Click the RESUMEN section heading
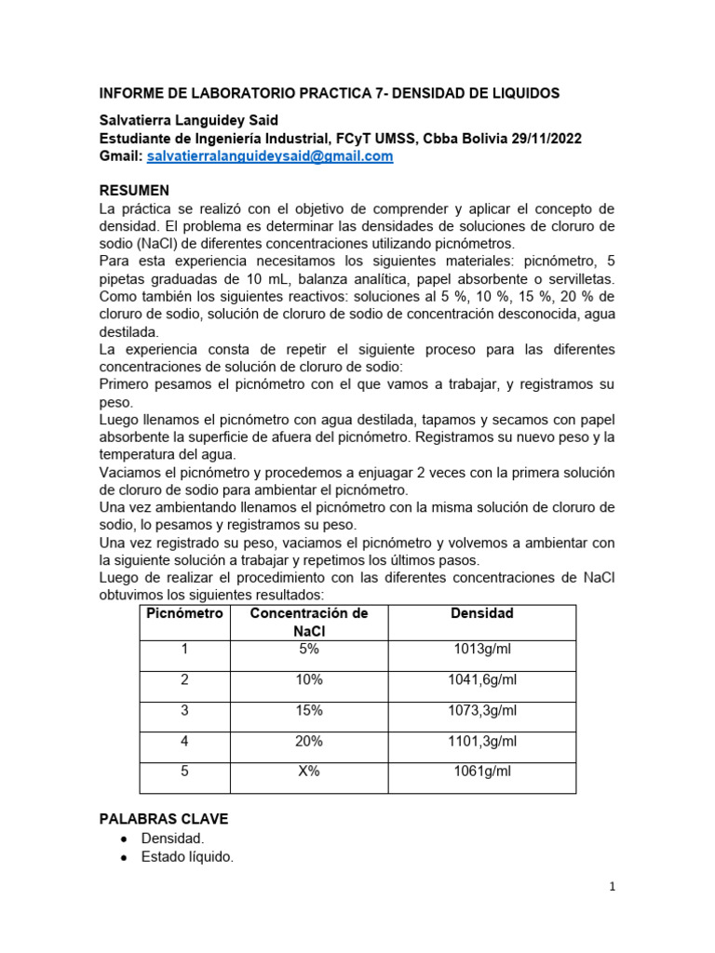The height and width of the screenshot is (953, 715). pyautogui.click(x=134, y=190)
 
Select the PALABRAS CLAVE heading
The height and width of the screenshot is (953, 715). pyautogui.click(x=163, y=819)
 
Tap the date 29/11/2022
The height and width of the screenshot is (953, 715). pyautogui.click(x=547, y=139)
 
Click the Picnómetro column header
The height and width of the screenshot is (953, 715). pyautogui.click(x=184, y=614)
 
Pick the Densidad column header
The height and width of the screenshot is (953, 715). pyautogui.click(x=481, y=614)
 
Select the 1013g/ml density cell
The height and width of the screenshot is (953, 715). pyautogui.click(x=481, y=650)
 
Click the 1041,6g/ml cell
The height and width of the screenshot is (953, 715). pyautogui.click(x=481, y=680)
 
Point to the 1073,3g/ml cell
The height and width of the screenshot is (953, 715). pyautogui.click(x=481, y=711)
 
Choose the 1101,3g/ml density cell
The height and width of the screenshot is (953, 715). pyautogui.click(x=481, y=742)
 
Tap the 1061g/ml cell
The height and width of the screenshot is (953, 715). pyautogui.click(x=481, y=772)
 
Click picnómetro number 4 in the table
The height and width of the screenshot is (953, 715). pyautogui.click(x=184, y=742)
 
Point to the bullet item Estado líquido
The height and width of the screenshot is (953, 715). pyautogui.click(x=186, y=857)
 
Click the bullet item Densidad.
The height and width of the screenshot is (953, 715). pyautogui.click(x=172, y=839)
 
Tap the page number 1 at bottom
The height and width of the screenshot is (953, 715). pyautogui.click(x=612, y=888)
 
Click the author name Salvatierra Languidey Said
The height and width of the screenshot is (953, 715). pyautogui.click(x=188, y=121)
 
